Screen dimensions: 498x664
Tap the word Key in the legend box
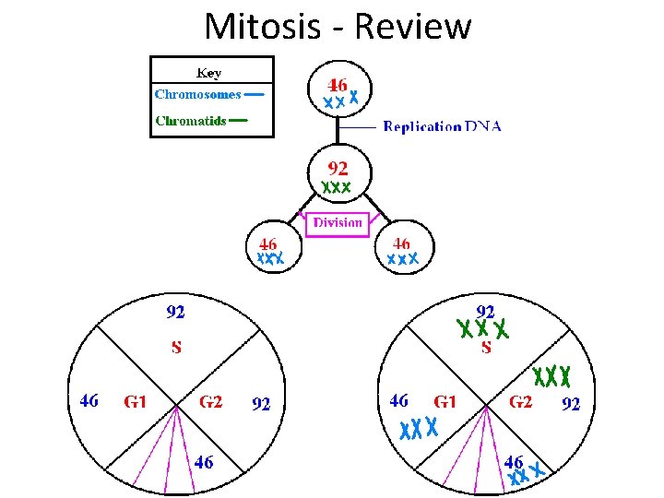pyautogui.click(x=209, y=73)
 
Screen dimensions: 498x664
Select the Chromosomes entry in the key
pyautogui.click(x=198, y=94)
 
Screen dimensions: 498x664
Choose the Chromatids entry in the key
pyautogui.click(x=191, y=120)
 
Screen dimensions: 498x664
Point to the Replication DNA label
pyautogui.click(x=442, y=126)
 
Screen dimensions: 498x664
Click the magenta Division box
pyautogui.click(x=337, y=222)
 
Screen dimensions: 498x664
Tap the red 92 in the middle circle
pyautogui.click(x=338, y=168)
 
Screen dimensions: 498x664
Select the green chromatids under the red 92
pyautogui.click(x=337, y=187)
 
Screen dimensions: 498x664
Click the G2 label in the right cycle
pyautogui.click(x=520, y=401)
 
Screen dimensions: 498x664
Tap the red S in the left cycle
pyautogui.click(x=175, y=348)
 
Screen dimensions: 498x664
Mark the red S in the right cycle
pyautogui.click(x=485, y=348)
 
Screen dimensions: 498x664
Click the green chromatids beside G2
pyautogui.click(x=552, y=376)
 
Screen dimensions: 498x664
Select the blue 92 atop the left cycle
pyautogui.click(x=175, y=313)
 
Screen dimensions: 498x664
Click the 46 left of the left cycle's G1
pyautogui.click(x=89, y=401)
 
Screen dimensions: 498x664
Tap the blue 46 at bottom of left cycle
pyautogui.click(x=204, y=462)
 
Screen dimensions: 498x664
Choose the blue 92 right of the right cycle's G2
pyautogui.click(x=571, y=403)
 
